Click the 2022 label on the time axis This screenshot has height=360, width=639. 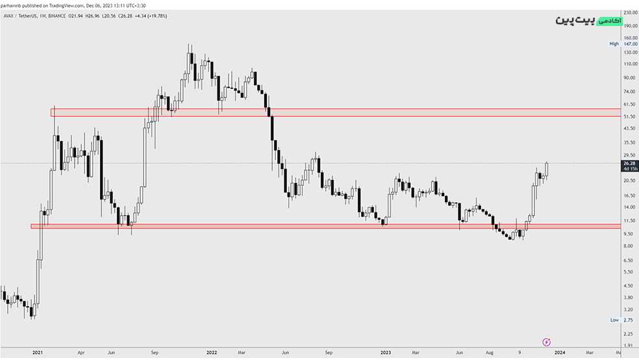tap(212, 352)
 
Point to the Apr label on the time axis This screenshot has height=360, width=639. tap(81, 352)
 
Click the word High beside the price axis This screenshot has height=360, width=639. tap(614, 44)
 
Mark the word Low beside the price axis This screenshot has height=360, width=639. tap(614, 320)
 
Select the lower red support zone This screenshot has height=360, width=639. tap(325, 226)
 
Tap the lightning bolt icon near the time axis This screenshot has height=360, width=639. tap(547, 342)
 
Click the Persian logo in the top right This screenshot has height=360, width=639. tap(588, 20)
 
